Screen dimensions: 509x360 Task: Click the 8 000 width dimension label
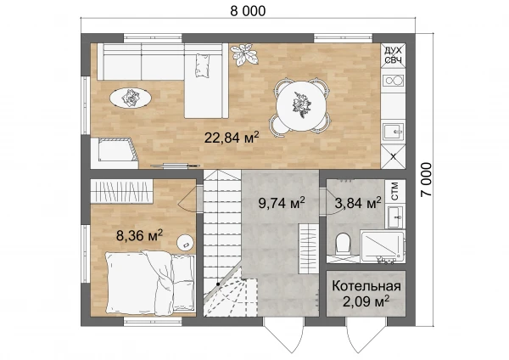[x=248, y=11]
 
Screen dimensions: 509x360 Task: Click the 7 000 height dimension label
[x=427, y=180]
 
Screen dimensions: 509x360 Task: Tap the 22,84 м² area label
[x=232, y=137]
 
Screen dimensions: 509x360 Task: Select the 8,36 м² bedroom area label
[x=139, y=235]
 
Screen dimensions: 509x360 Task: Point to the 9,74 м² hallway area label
[x=282, y=202]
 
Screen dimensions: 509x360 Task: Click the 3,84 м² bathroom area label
[x=358, y=203]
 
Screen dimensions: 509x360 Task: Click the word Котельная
[x=366, y=286]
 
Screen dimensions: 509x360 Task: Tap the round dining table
[x=301, y=105]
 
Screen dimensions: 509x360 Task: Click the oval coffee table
[x=131, y=98]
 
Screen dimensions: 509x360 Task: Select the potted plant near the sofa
[x=244, y=54]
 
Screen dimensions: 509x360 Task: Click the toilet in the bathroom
[x=343, y=243]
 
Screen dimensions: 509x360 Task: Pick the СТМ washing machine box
[x=395, y=191]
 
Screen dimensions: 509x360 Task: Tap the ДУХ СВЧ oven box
[x=393, y=55]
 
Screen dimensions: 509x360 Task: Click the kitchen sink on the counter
[x=394, y=132]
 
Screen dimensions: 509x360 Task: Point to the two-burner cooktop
[x=394, y=80]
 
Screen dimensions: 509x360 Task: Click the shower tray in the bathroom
[x=383, y=246]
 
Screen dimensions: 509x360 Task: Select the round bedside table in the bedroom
[x=186, y=243]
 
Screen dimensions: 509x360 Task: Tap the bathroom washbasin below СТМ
[x=395, y=217]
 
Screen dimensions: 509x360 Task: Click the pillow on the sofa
[x=202, y=65]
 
